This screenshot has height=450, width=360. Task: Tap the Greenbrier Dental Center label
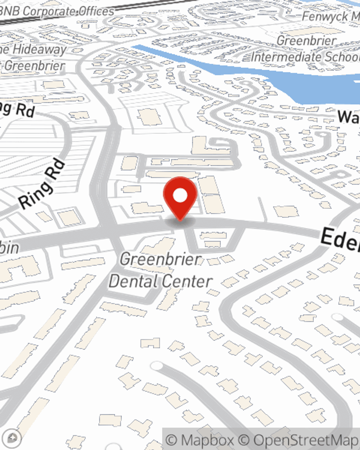(161, 270)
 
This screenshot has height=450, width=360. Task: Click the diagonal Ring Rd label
(42, 184)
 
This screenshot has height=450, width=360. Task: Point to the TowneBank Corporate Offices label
(58, 12)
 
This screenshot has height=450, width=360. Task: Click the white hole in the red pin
(180, 195)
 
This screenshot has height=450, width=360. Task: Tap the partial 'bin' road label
(9, 248)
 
